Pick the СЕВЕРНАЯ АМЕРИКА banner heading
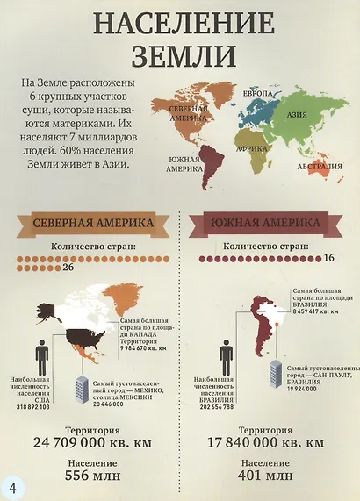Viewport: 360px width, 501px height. coord(92,223)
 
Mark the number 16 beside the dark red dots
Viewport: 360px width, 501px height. coord(329,259)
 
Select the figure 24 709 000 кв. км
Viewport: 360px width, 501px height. coord(92,441)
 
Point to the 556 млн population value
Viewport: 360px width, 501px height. coord(92,476)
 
